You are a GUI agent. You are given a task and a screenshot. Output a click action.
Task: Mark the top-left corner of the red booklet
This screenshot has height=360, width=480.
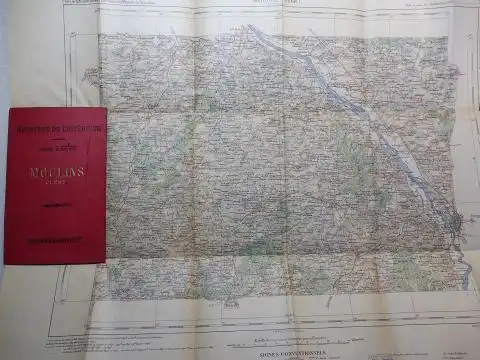[x=7, y=108]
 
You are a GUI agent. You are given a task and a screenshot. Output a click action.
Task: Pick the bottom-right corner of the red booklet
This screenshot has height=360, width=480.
[x=107, y=263]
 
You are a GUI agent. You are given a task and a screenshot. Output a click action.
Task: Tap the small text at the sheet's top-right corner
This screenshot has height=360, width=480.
[x=446, y=4]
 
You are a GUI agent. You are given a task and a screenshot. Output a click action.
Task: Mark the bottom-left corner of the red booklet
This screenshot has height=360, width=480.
[x=4, y=263]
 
